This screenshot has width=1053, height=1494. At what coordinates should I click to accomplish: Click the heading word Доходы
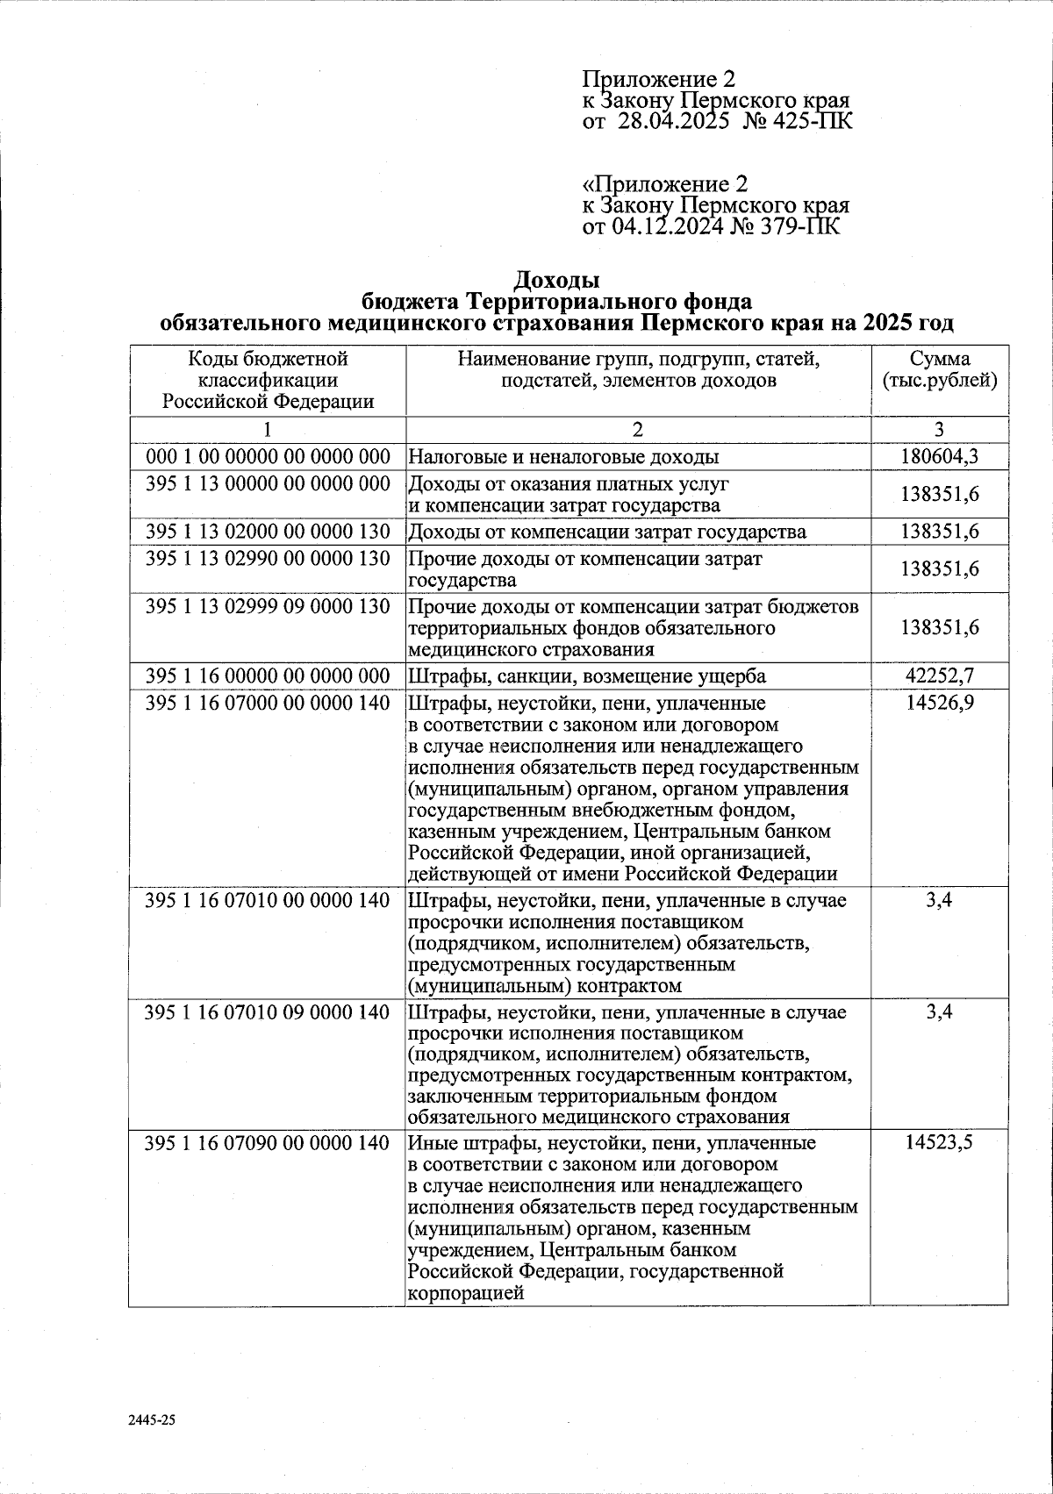[555, 281]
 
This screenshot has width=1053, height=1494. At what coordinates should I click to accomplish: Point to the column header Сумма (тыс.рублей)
[939, 370]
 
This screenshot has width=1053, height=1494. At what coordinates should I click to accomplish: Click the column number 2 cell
[638, 430]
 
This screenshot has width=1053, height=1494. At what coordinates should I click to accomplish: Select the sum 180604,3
[939, 456]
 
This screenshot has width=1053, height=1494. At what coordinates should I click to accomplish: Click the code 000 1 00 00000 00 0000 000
[267, 456]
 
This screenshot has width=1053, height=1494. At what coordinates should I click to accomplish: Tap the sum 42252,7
[939, 676]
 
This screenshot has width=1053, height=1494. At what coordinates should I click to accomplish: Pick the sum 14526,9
[939, 704]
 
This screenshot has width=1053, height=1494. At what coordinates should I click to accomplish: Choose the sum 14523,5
[939, 1143]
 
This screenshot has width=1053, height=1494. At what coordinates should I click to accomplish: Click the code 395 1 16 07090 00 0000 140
[267, 1143]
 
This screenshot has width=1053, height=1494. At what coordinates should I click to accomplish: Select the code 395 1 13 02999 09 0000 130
[267, 606]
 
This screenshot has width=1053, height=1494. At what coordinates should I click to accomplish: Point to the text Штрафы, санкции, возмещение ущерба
[587, 676]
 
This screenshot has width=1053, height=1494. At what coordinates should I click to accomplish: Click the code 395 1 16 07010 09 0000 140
[267, 1012]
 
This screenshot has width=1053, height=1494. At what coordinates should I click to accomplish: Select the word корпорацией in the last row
[466, 1293]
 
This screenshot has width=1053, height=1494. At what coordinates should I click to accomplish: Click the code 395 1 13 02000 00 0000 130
[267, 532]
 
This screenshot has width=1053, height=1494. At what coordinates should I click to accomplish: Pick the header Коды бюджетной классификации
[268, 369]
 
